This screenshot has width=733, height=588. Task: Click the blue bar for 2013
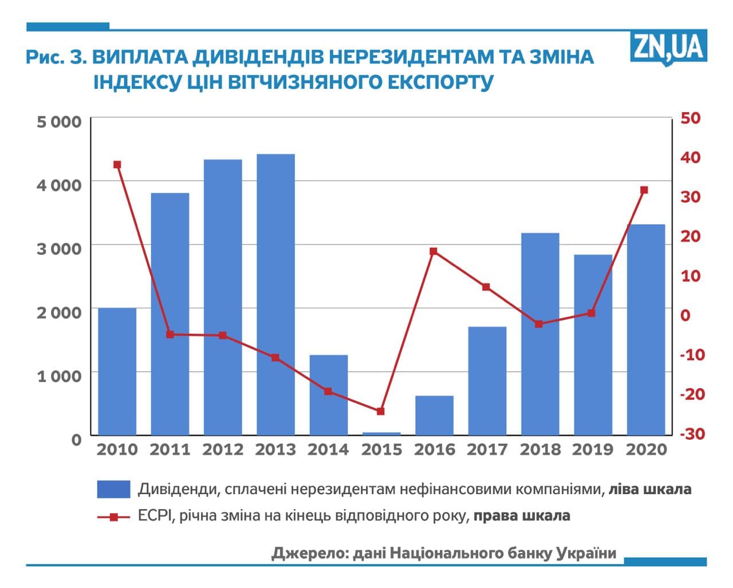275,294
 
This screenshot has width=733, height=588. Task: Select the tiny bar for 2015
381,433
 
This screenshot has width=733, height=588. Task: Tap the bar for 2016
434,415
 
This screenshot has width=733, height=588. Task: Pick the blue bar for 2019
593,345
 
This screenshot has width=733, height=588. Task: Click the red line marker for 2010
117,165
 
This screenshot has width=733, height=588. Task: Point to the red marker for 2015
381,411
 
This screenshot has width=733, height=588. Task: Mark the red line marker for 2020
644,190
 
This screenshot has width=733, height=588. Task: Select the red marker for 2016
434,251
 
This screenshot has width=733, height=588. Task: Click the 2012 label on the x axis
223,450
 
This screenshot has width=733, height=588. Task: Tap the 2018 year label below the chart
540,450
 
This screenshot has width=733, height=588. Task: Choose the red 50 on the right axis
690,118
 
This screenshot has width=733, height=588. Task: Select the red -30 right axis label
692,434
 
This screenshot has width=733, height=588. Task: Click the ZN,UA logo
668,47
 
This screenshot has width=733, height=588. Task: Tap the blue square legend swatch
113,490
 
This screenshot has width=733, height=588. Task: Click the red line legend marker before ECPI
113,517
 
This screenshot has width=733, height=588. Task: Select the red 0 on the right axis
685,315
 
